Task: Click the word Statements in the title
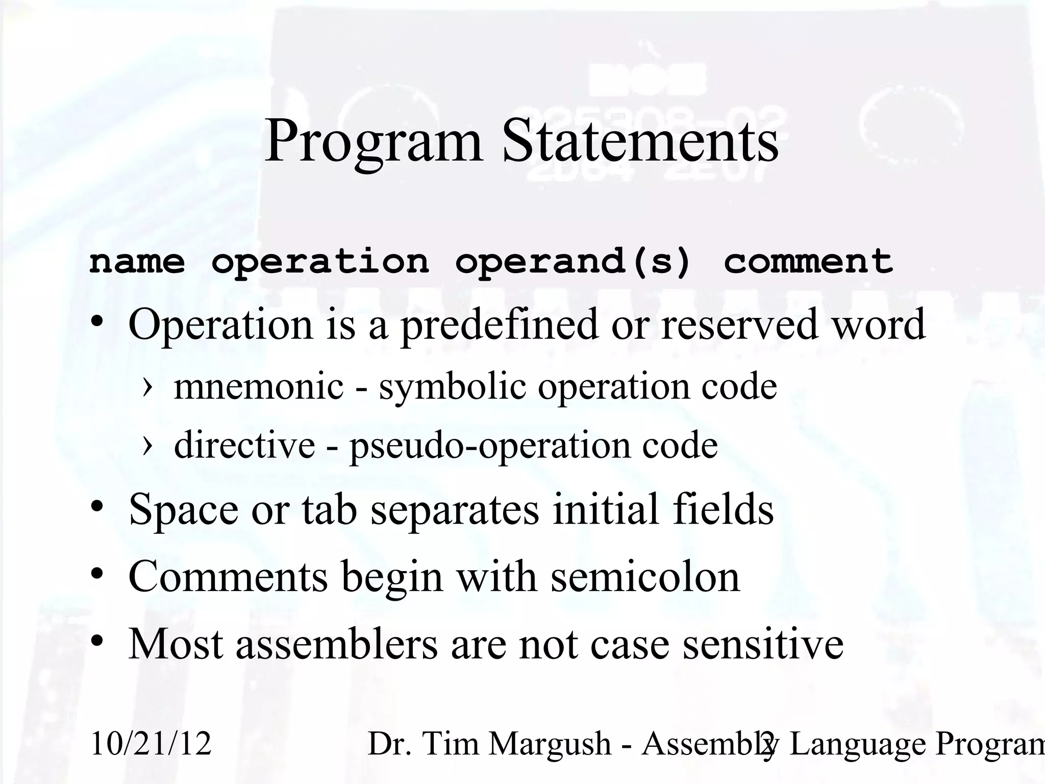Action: [x=640, y=140]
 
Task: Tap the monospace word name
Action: [x=137, y=262]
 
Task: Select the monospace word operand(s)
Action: [x=573, y=262]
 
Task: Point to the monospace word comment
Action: [x=808, y=262]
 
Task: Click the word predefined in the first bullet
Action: [x=499, y=325]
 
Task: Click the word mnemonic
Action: [x=259, y=386]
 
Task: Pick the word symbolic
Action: [x=452, y=386]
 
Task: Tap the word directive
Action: [x=244, y=445]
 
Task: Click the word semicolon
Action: [x=645, y=577]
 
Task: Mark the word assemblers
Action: [x=336, y=644]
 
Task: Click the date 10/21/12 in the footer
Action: [x=151, y=743]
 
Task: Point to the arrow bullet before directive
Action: [x=147, y=445]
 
